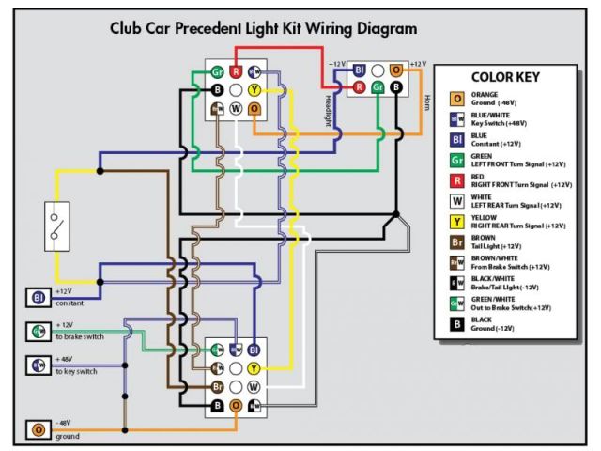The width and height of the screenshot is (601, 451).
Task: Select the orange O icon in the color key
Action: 457,99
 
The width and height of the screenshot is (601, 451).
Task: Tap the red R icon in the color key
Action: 457,180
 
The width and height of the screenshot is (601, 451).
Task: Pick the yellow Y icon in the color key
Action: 457,222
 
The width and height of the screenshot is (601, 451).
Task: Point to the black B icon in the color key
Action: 457,325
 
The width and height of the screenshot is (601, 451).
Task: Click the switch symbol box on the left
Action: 56,225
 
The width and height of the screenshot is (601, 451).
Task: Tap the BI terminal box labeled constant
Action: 39,298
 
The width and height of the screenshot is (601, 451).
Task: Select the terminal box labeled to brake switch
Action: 39,331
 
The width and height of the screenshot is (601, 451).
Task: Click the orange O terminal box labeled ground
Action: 39,430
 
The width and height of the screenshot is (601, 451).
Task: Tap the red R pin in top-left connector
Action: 236,71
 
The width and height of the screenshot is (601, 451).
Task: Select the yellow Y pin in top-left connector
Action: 254,90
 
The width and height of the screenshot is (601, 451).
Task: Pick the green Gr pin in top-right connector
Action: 378,87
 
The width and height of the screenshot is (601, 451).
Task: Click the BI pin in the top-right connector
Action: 359,70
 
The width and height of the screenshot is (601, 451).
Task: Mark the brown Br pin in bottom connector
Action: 217,387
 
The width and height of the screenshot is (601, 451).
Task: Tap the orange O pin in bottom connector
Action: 236,406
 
